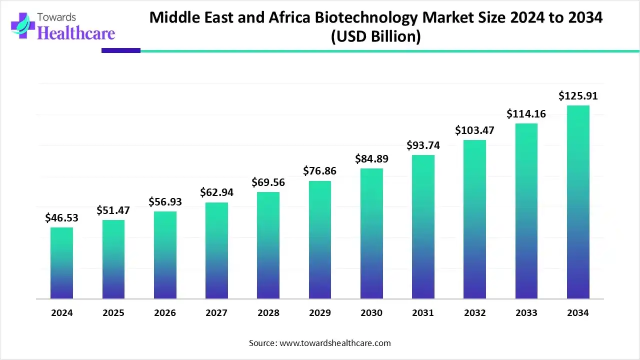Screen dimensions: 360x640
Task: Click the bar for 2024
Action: (x=61, y=263)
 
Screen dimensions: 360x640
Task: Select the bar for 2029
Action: (x=320, y=240)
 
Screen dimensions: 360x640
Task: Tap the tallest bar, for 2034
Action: (x=578, y=202)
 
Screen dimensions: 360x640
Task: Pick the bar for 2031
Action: (x=423, y=227)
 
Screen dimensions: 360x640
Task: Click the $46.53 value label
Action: (x=61, y=217)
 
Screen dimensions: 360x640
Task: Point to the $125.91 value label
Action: (x=578, y=95)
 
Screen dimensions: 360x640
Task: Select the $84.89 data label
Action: (x=371, y=159)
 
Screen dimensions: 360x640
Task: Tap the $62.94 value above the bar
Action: (x=216, y=192)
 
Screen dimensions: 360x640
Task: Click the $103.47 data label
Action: (x=474, y=130)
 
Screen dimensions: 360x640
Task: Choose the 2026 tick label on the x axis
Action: (x=165, y=313)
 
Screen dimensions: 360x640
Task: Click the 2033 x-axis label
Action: (x=526, y=313)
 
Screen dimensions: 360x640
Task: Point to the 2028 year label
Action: (x=268, y=313)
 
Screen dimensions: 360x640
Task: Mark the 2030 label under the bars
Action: (x=371, y=313)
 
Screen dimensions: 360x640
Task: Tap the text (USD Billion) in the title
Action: (x=376, y=36)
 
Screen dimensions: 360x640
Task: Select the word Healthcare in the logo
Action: (x=76, y=33)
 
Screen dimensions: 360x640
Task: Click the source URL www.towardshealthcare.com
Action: (x=334, y=343)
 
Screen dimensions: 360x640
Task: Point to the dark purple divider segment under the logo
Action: (x=121, y=50)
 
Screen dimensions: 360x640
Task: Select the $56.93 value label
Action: (x=165, y=201)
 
